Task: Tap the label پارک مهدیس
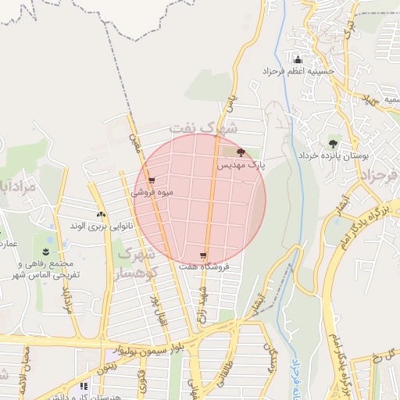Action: click(x=241, y=166)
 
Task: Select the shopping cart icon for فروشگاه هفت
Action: click(x=203, y=255)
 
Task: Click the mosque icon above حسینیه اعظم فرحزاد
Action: click(x=297, y=59)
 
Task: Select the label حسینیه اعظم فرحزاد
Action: click(x=298, y=72)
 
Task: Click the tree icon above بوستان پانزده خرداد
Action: click(x=333, y=144)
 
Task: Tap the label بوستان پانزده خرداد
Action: click(x=333, y=156)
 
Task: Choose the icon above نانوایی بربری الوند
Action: click(x=101, y=213)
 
